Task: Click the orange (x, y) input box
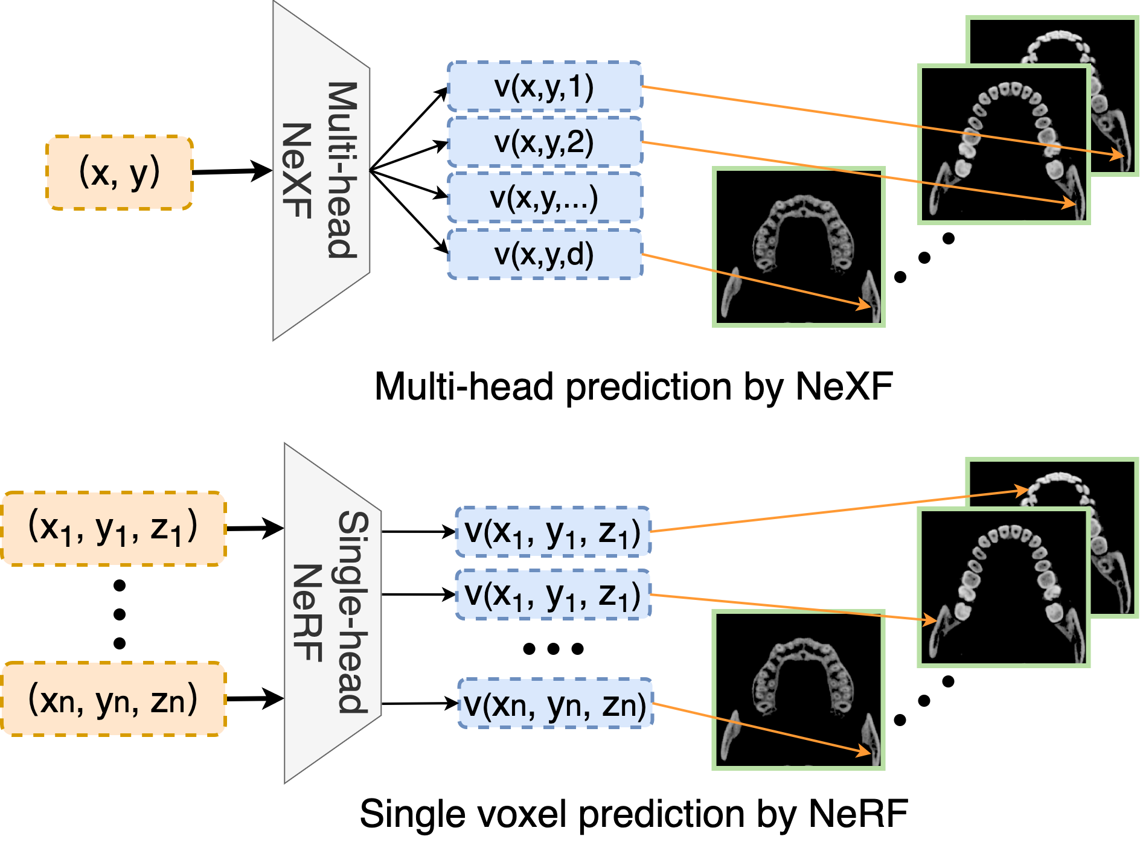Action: point(120,173)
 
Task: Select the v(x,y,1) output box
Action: point(545,86)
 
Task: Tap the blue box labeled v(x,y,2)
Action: point(545,142)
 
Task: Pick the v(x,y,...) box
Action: point(545,197)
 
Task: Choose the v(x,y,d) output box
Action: point(545,253)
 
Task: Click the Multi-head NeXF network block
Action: point(321,170)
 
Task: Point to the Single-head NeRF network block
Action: point(333,613)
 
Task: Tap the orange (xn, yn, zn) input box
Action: point(114,699)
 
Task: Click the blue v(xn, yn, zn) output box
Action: point(556,703)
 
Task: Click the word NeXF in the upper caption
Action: point(844,386)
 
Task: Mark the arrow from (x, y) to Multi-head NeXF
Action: point(232,171)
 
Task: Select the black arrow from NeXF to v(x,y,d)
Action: point(409,212)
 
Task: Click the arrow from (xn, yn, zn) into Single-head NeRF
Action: point(255,699)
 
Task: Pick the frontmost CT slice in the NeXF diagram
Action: point(799,247)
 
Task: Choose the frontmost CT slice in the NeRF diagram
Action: point(799,690)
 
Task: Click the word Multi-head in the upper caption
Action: point(464,386)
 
